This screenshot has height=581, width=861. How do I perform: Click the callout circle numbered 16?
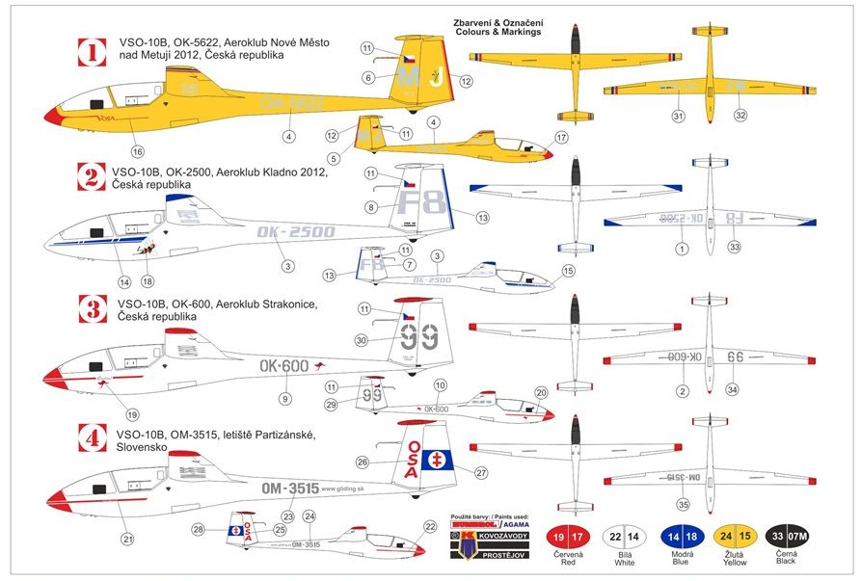point(137,151)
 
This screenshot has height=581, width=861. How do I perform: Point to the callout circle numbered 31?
point(678,117)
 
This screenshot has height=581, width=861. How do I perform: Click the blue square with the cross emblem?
point(436,459)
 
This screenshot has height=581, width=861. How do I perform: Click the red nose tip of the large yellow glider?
point(51,117)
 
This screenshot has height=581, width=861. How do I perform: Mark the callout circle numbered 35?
point(683,503)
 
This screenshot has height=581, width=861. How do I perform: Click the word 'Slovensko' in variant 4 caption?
point(138,449)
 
